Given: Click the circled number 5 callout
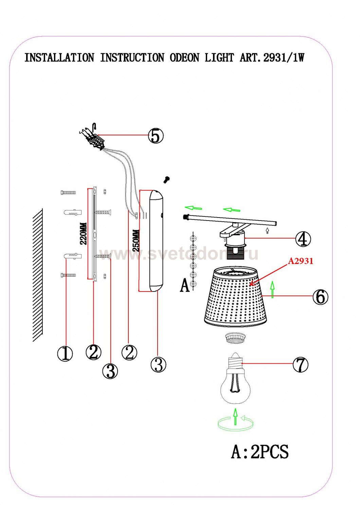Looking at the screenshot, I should click(x=156, y=135).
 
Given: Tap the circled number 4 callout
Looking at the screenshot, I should click(x=303, y=239).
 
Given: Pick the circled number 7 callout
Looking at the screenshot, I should click(x=300, y=364).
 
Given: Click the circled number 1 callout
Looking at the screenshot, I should click(x=65, y=353).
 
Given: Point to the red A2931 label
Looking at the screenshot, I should click(x=301, y=261).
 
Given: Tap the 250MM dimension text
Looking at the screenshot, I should click(x=136, y=240).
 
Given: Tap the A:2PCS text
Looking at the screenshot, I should click(x=260, y=452).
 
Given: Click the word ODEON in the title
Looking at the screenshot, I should click(x=184, y=58).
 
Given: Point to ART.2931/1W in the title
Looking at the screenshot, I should click(x=272, y=58).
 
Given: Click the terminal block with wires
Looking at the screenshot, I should click(x=94, y=139).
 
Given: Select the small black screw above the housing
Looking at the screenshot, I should click(x=167, y=180).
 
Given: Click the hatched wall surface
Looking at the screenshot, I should click(x=38, y=275).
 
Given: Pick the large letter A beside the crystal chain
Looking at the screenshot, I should click(x=184, y=285).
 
